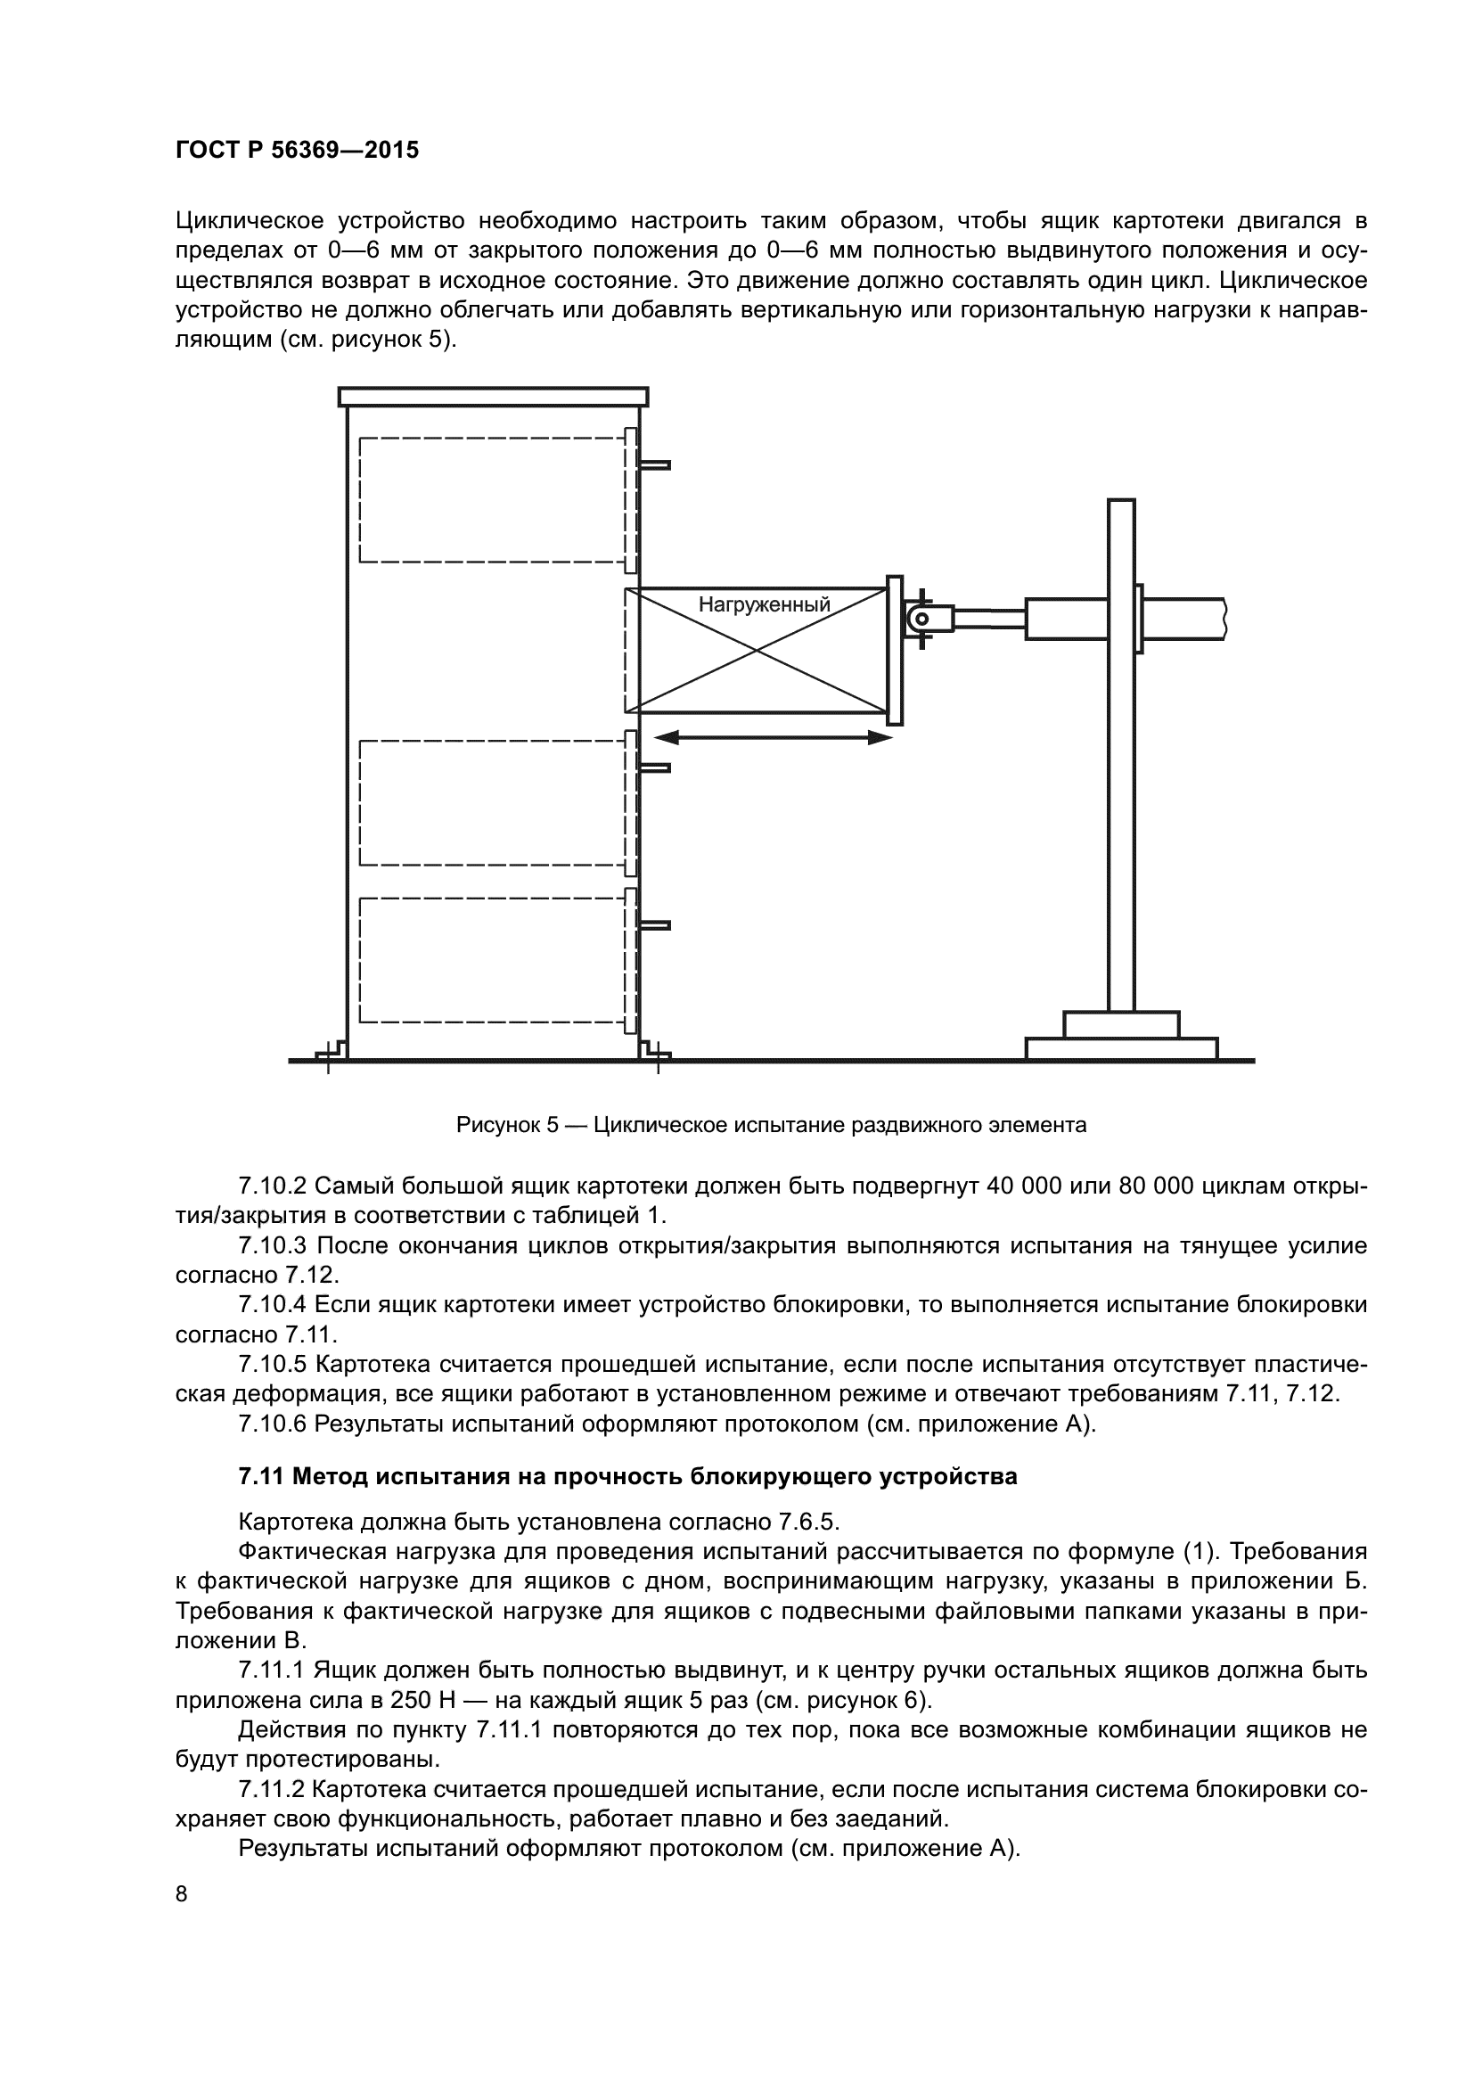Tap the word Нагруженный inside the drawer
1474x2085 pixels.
point(764,604)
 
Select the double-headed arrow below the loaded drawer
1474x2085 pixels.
point(773,738)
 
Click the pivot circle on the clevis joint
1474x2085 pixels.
point(921,620)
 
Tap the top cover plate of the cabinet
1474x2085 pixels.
point(493,397)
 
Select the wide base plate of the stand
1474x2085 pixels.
point(1121,1048)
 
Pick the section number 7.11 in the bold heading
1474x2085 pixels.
point(258,1477)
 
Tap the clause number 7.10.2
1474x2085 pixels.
point(273,1186)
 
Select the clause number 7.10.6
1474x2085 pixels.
point(273,1424)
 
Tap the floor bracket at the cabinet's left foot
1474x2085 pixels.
point(331,1052)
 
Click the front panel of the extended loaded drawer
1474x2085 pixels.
point(894,650)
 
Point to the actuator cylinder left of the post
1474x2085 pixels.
point(1067,619)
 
